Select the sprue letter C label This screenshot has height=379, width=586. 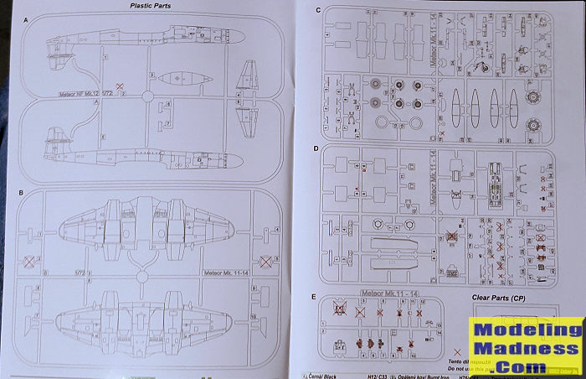point(317,10)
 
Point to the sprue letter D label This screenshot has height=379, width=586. point(315,148)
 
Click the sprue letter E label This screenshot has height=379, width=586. point(313,297)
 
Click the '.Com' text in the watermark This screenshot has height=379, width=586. point(524,366)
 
